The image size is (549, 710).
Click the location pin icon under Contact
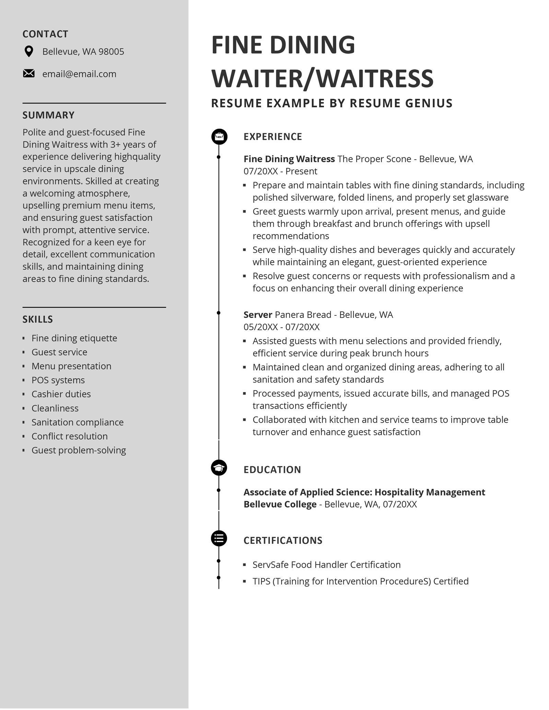[29, 51]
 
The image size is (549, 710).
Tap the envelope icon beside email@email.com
[29, 74]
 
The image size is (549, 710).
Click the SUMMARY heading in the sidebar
[48, 115]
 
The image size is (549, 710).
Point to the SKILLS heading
[38, 320]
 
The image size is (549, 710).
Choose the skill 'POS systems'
[58, 380]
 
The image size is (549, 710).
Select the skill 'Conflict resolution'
[69, 436]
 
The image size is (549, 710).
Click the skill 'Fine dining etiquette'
[74, 338]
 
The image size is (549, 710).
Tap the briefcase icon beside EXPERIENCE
[219, 136]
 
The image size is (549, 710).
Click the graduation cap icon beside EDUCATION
[219, 468]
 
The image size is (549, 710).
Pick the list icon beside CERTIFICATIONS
[219, 538]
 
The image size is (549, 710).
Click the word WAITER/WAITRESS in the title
[323, 79]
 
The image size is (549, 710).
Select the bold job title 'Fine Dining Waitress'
[289, 159]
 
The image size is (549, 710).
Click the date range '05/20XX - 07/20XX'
[281, 327]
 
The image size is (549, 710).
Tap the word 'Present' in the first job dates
[301, 171]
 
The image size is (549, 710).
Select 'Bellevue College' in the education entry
[280, 504]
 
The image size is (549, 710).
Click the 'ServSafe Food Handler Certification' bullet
[326, 565]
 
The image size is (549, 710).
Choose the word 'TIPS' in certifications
[261, 581]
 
